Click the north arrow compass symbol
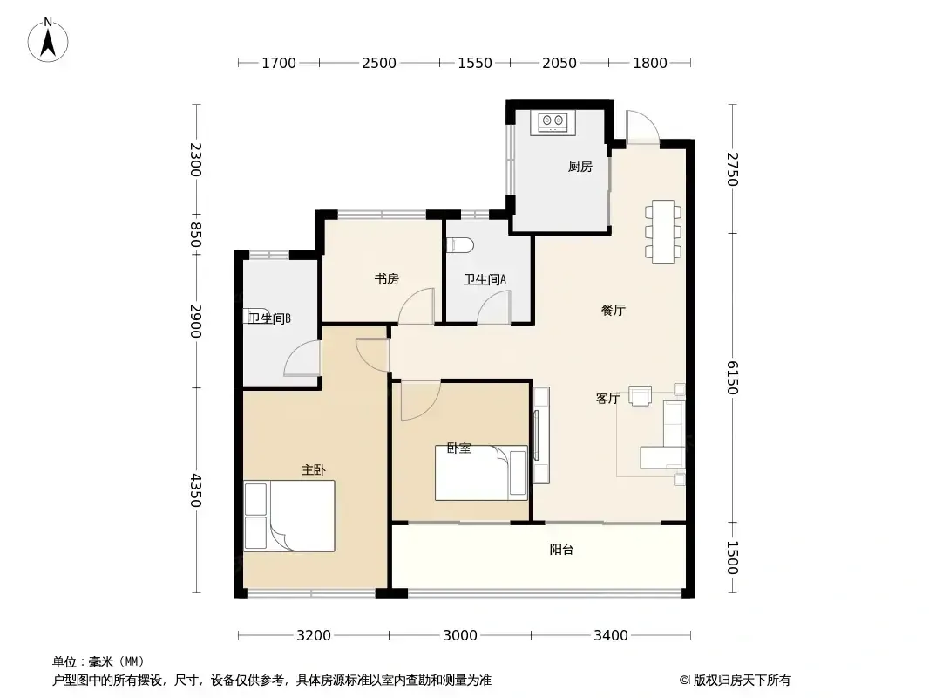48,40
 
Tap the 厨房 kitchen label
580,167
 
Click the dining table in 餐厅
663,232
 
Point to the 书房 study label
386,278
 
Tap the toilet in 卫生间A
460,244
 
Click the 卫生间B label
270,318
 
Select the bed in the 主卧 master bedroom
289,516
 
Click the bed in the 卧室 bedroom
481,473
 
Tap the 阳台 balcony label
561,550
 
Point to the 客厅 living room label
608,399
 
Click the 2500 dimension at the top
379,63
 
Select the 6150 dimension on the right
733,378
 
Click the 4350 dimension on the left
196,490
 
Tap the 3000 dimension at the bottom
460,636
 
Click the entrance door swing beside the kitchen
642,127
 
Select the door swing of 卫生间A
494,310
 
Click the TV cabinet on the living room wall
541,435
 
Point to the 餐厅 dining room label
614,310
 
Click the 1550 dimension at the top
475,63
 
